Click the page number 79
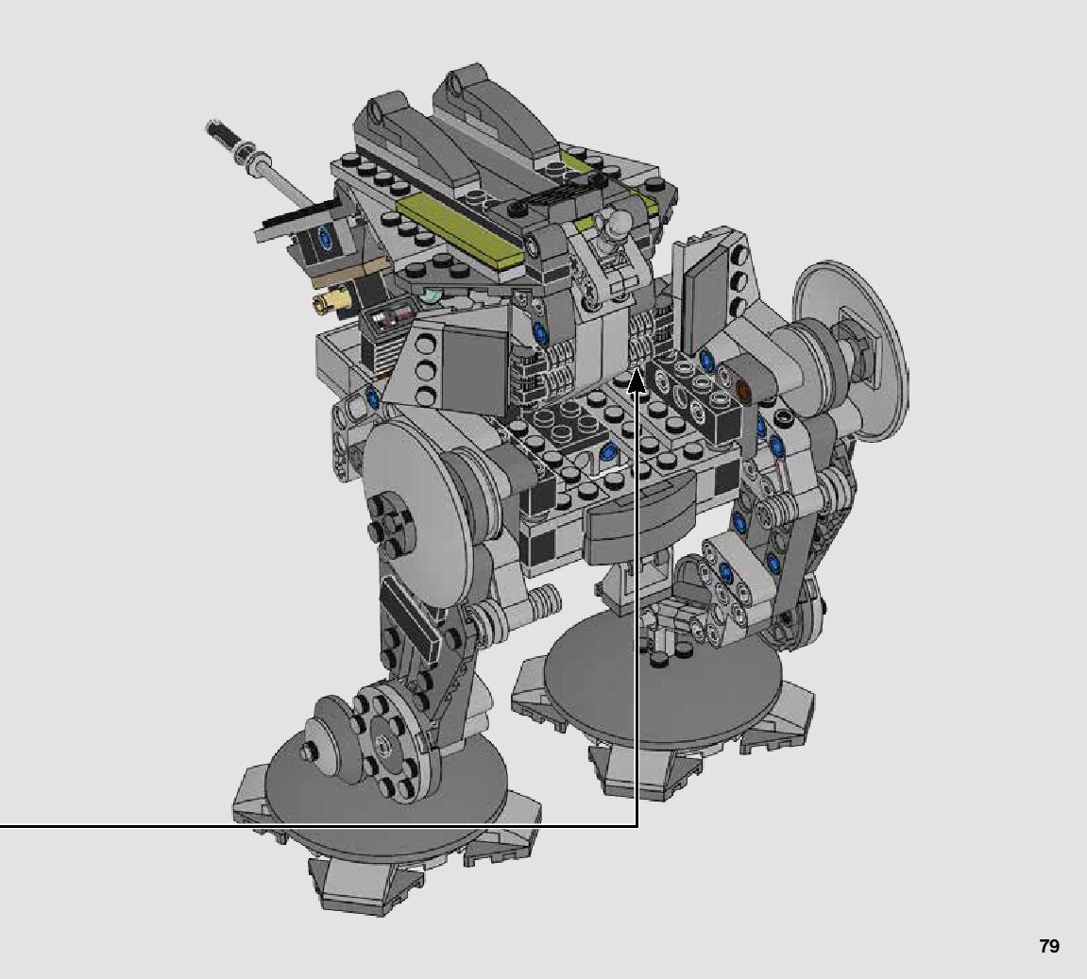click(x=1049, y=946)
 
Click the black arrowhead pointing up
click(x=637, y=383)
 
